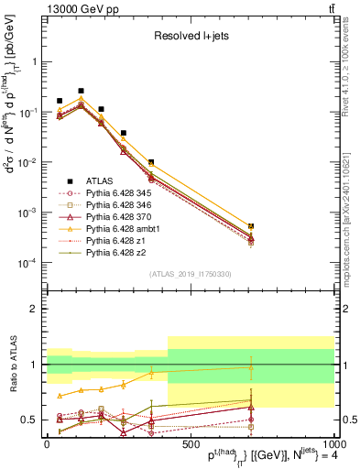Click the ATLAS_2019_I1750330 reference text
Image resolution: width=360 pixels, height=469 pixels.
[x=190, y=274]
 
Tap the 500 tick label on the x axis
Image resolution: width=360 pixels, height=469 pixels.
[x=190, y=443]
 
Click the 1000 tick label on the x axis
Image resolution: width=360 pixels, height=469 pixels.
[x=331, y=443]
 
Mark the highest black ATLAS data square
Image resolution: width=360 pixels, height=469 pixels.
[x=81, y=91]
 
